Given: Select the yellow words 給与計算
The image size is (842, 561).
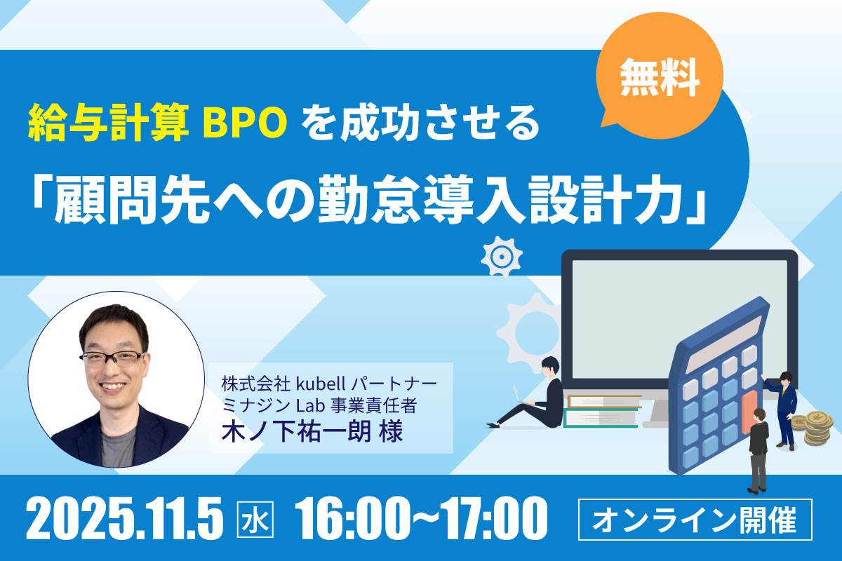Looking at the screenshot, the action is point(108,123).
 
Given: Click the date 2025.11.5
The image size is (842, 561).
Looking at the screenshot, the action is point(124,518).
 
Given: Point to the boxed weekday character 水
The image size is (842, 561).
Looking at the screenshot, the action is point(255,520).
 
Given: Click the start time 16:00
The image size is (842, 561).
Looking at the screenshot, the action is point(351,518).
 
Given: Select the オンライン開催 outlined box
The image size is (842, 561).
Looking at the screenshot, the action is point(695,520).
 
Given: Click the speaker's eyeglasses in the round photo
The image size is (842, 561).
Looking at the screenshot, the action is point(112,358).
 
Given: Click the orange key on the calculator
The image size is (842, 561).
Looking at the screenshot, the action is point(749,413).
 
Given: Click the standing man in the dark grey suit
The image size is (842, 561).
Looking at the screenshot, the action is point(758,452).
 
